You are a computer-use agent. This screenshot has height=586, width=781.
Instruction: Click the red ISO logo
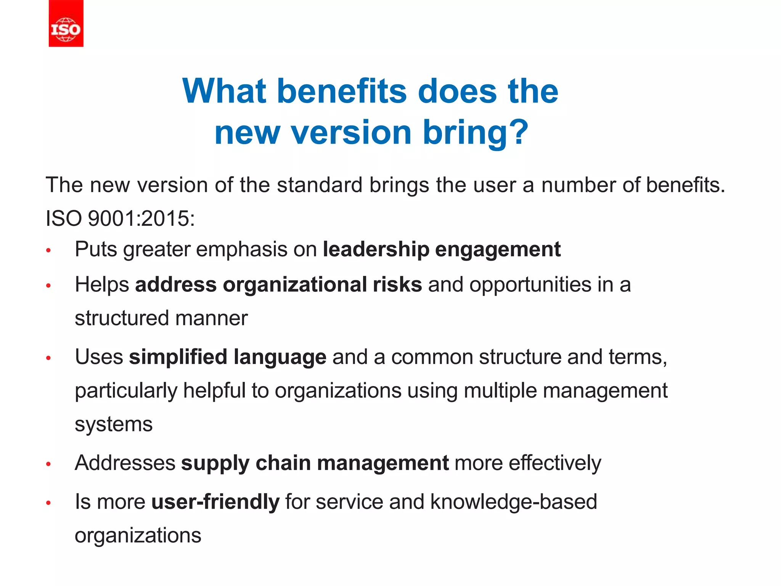pos(66,24)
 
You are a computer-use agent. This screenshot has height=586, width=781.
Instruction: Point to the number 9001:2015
pos(141,219)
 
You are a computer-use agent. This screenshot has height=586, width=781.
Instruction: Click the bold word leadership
pos(376,250)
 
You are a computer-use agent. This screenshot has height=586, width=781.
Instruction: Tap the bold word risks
pos(397,285)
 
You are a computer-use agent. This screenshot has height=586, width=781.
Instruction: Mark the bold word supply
pos(215,464)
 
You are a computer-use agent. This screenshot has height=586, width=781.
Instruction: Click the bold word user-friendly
pos(215,502)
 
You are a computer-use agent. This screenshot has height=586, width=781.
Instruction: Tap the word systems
pos(114,425)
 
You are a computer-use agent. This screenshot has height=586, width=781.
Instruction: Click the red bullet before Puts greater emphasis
pos(48,251)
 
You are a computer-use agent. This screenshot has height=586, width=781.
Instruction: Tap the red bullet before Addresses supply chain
pos(48,464)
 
